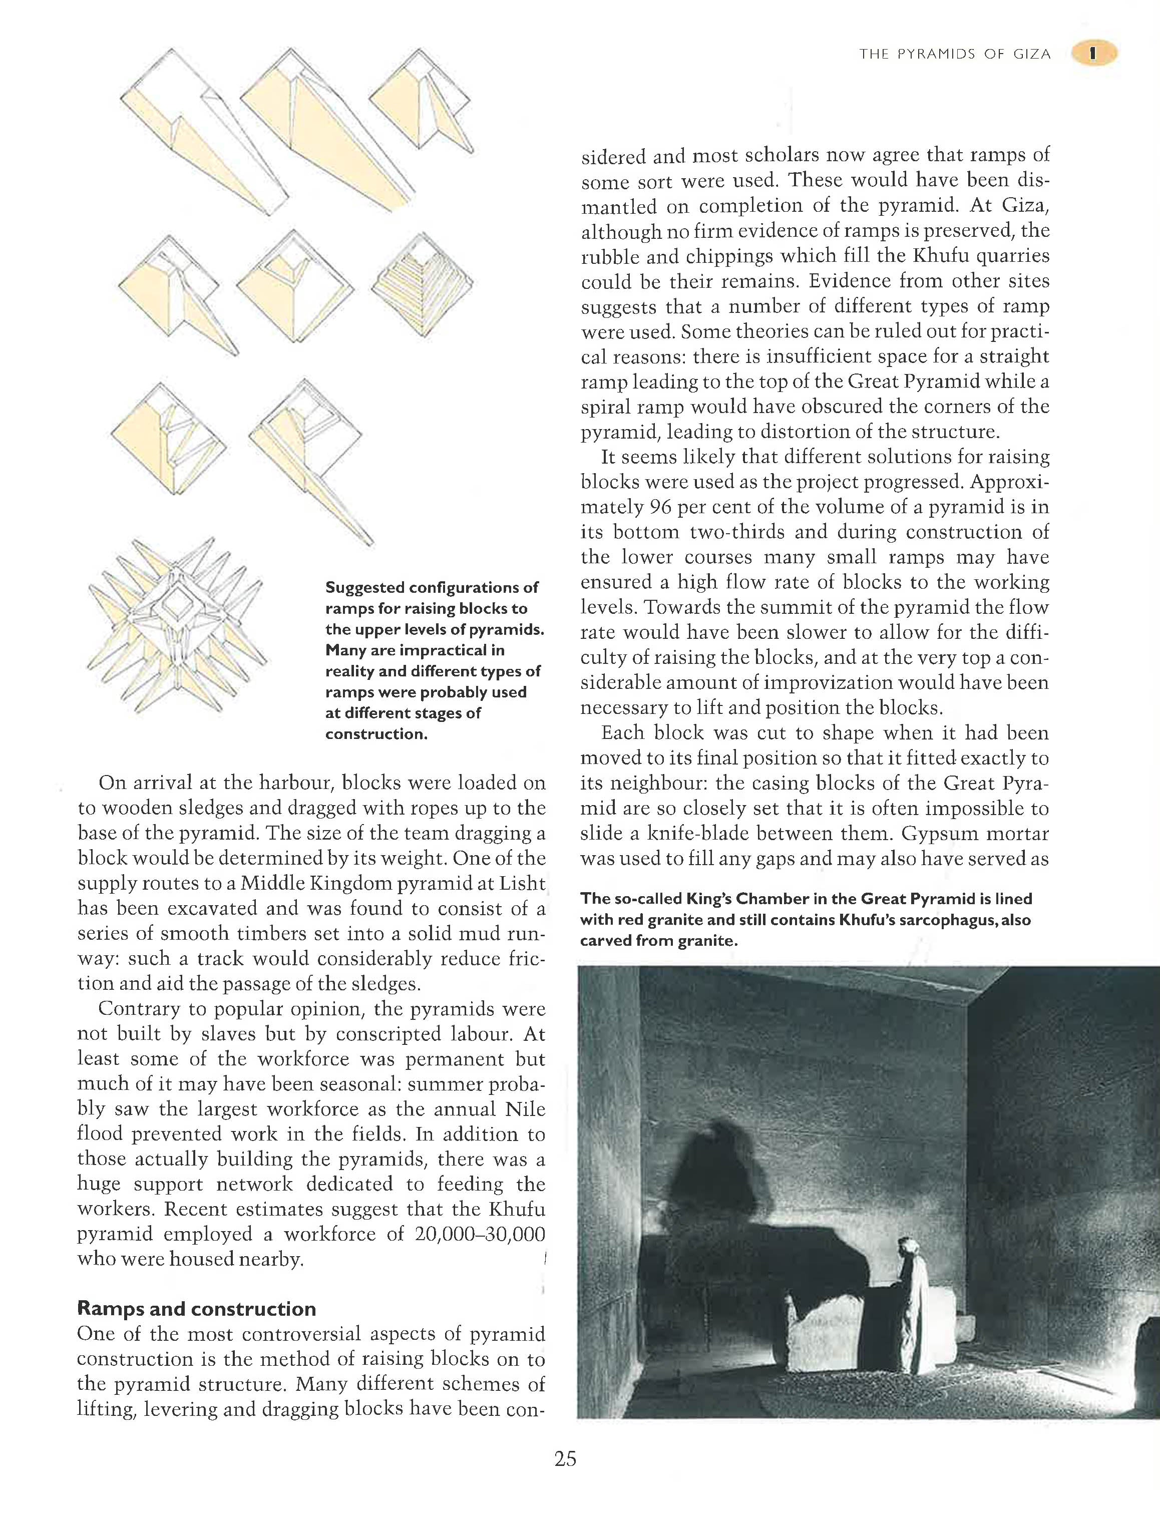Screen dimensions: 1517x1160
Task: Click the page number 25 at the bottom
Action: [565, 1459]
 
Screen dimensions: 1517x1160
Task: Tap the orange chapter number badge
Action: [1094, 54]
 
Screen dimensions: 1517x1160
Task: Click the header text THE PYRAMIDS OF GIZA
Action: [955, 55]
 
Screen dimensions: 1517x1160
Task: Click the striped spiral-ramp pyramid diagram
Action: [422, 284]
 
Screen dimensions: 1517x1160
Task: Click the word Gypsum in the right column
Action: [905, 834]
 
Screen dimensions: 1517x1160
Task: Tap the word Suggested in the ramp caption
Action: [364, 588]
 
